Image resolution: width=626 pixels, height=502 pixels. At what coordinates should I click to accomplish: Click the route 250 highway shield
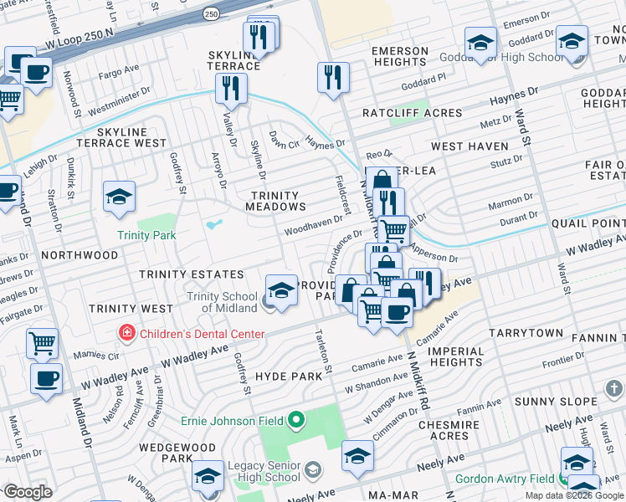[212, 14]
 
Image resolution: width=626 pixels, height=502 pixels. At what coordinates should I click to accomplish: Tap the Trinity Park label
[146, 235]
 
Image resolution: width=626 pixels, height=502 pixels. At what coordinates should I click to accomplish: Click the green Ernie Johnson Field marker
[295, 418]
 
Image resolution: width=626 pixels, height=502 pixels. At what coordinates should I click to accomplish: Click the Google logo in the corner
[27, 492]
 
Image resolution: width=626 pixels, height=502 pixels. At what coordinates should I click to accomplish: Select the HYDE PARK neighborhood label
[289, 376]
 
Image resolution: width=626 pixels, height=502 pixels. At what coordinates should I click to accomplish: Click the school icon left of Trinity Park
[119, 197]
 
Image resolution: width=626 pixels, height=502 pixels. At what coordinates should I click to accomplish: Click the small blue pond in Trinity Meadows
[214, 224]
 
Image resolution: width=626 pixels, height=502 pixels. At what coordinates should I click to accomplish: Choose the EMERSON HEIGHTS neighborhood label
[400, 56]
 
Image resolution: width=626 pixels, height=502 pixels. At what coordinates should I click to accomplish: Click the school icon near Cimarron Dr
[357, 455]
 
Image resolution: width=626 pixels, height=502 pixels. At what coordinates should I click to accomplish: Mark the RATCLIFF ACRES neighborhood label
[412, 113]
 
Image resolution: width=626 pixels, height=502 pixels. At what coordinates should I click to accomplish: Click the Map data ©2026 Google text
[574, 495]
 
